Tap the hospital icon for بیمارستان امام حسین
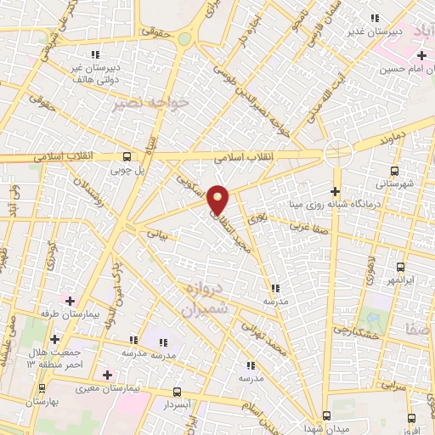tap(421, 56)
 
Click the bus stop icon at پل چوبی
tap(127, 156)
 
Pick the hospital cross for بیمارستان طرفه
tap(70, 301)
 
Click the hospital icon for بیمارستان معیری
tap(107, 375)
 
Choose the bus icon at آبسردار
tap(177, 392)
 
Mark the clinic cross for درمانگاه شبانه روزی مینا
tap(335, 191)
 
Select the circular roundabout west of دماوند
tap(338, 150)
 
